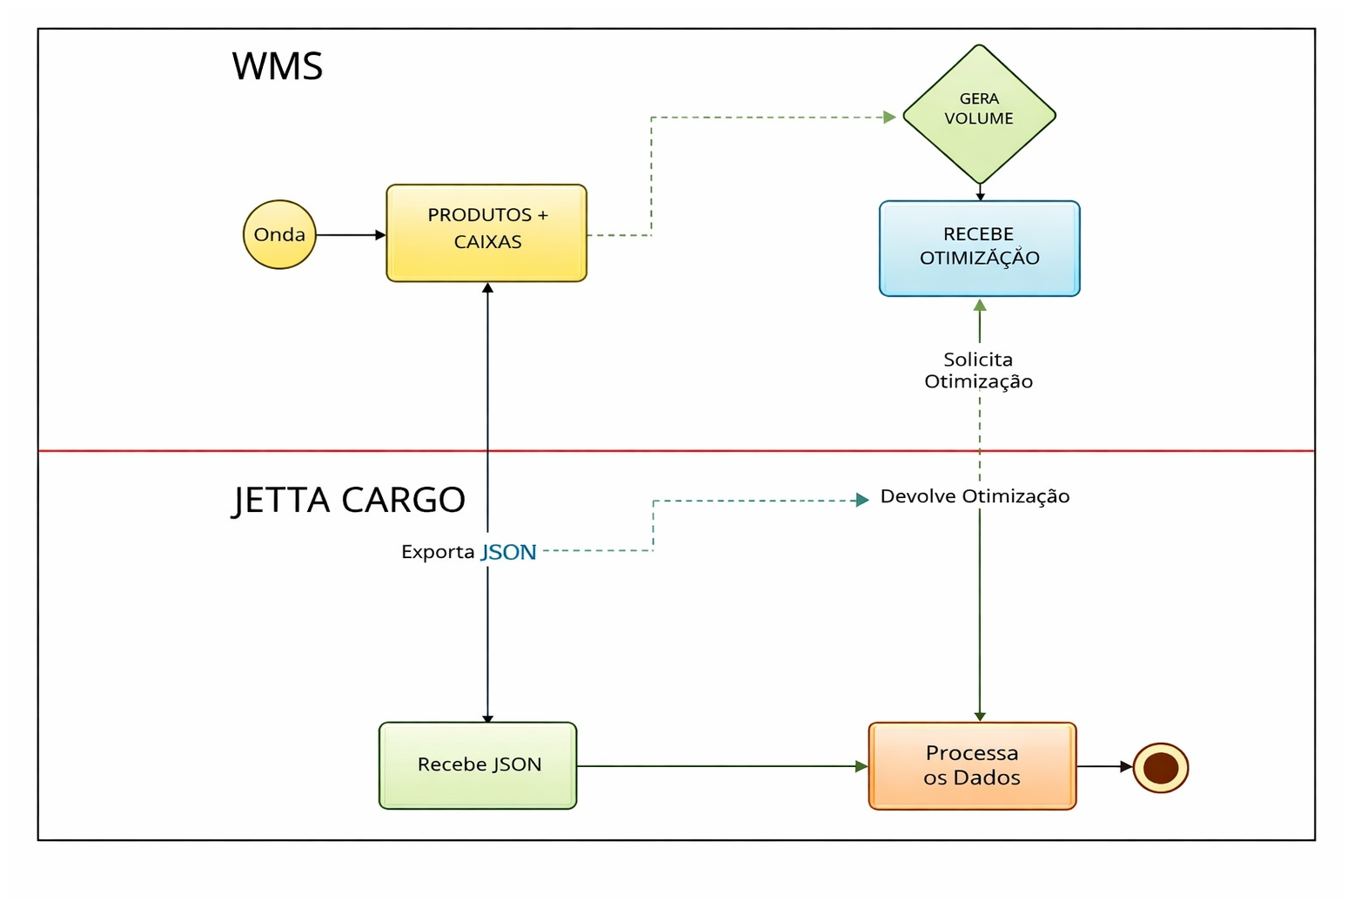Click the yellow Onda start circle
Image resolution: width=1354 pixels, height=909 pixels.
pyautogui.click(x=279, y=235)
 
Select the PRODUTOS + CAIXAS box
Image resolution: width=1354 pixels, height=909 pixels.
pyautogui.click(x=486, y=232)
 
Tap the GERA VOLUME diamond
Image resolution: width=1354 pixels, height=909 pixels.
pyautogui.click(x=979, y=114)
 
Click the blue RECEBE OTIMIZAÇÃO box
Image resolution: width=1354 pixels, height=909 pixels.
pyautogui.click(x=979, y=248)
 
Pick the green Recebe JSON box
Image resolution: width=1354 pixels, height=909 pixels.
pyautogui.click(x=478, y=765)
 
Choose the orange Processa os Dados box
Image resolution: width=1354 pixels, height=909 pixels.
pyautogui.click(x=972, y=765)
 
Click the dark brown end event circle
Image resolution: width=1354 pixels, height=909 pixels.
pyautogui.click(x=1161, y=767)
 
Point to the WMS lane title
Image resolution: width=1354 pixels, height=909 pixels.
pyautogui.click(x=278, y=66)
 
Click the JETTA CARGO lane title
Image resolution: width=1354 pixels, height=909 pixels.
pyautogui.click(x=349, y=500)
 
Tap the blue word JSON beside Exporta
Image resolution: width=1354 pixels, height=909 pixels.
pyautogui.click(x=508, y=552)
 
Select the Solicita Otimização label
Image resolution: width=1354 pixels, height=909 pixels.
pyautogui.click(x=979, y=370)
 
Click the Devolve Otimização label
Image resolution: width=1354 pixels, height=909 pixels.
pyautogui.click(x=975, y=496)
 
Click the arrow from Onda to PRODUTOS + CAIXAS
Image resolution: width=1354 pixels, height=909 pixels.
pyautogui.click(x=352, y=235)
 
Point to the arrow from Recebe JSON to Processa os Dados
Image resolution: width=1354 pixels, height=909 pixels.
pyautogui.click(x=723, y=766)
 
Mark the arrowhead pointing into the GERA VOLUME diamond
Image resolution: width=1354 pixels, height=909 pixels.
pyautogui.click(x=889, y=117)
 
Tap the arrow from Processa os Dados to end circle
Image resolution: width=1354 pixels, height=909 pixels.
pyautogui.click(x=1105, y=766)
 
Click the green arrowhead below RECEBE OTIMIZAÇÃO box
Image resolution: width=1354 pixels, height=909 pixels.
pyautogui.click(x=980, y=305)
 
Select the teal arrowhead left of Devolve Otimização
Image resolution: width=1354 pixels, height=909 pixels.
pyautogui.click(x=862, y=500)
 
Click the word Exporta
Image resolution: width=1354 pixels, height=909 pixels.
pyautogui.click(x=438, y=551)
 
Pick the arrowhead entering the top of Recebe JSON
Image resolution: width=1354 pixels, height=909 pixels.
pyautogui.click(x=488, y=719)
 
